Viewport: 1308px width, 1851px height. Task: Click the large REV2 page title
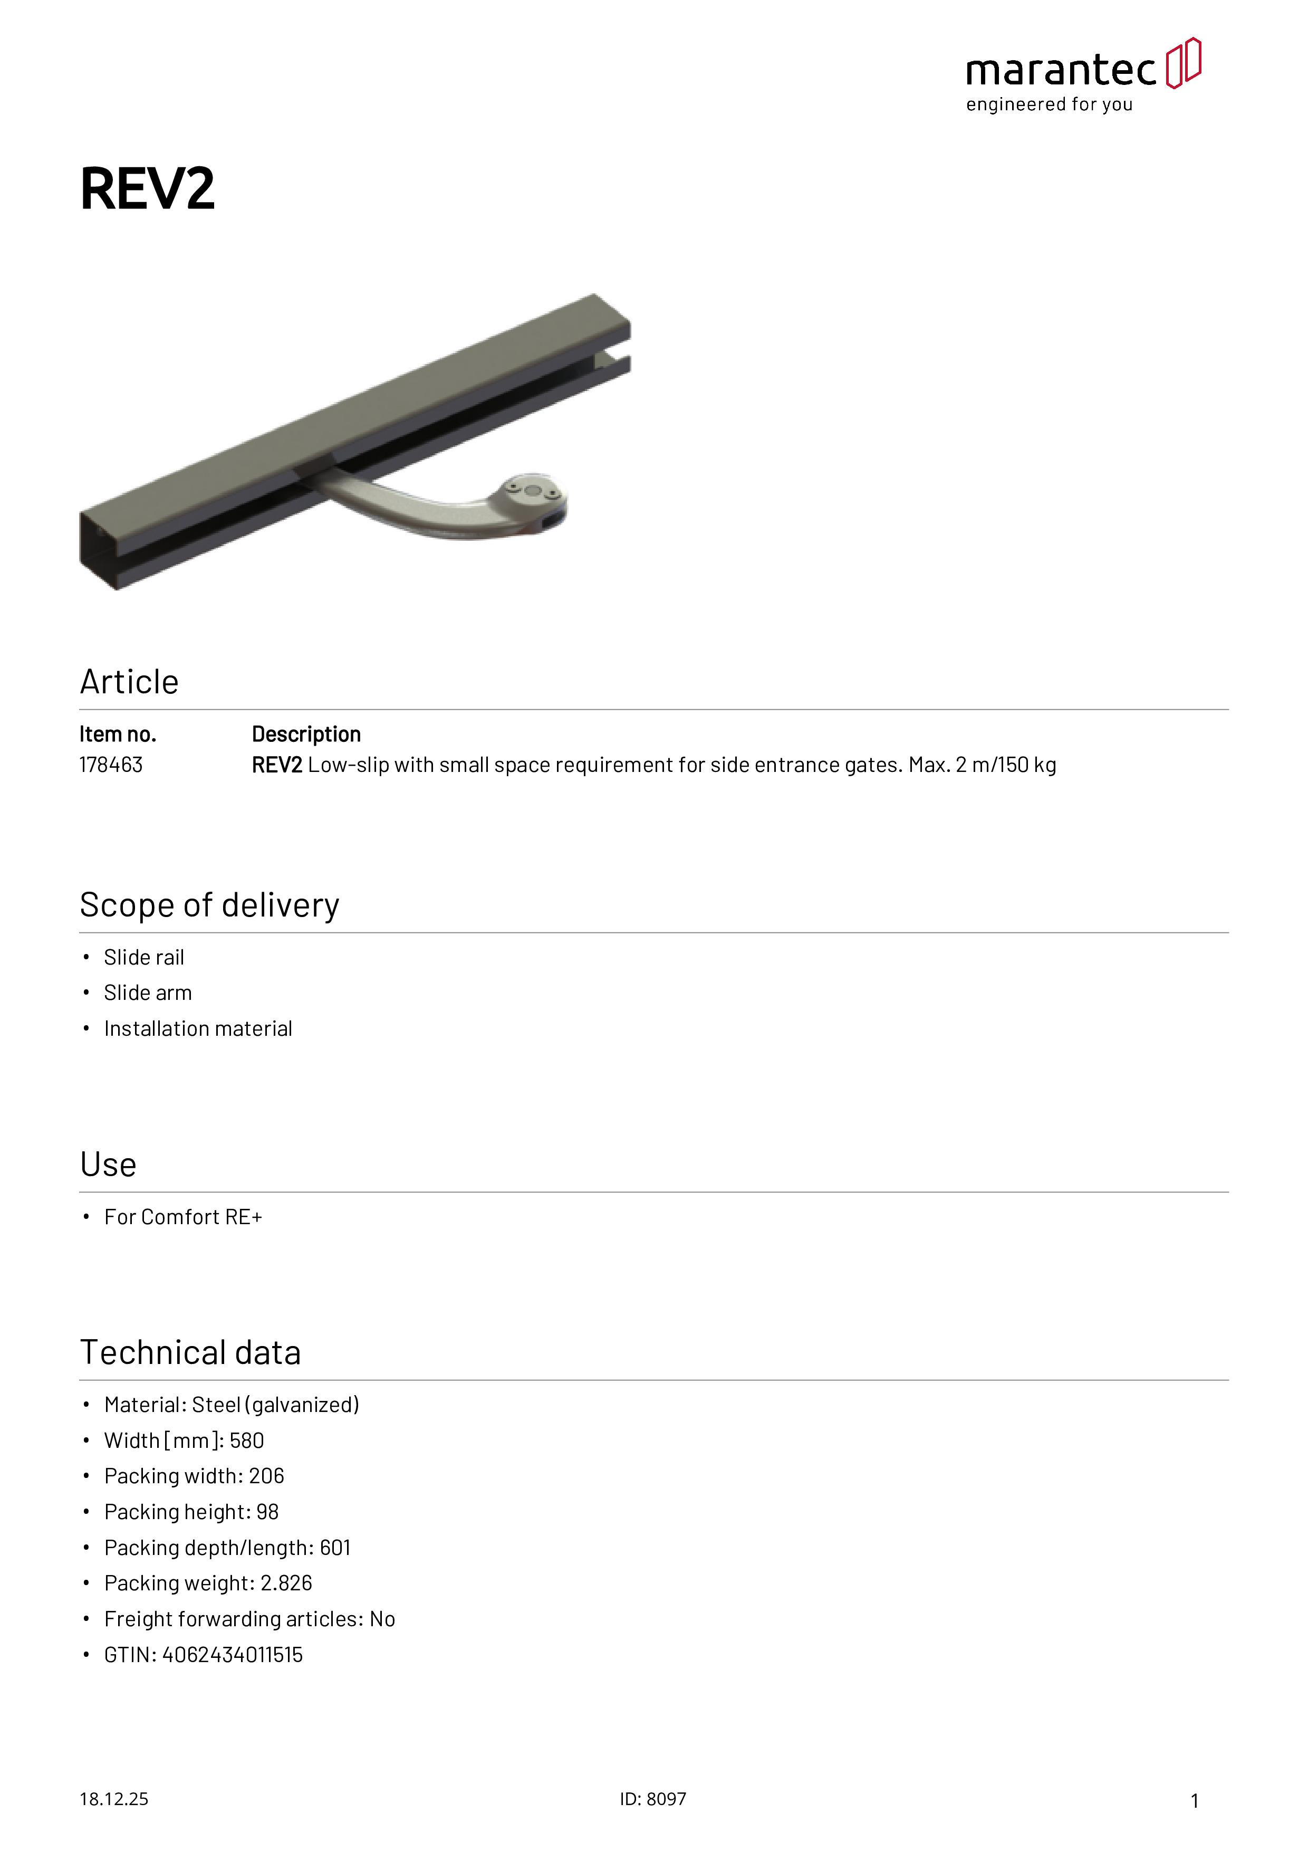[148, 189]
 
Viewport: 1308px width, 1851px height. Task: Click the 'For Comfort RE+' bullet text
[183, 1217]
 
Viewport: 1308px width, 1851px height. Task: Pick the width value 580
[247, 1440]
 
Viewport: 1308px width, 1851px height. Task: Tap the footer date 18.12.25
[113, 1799]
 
